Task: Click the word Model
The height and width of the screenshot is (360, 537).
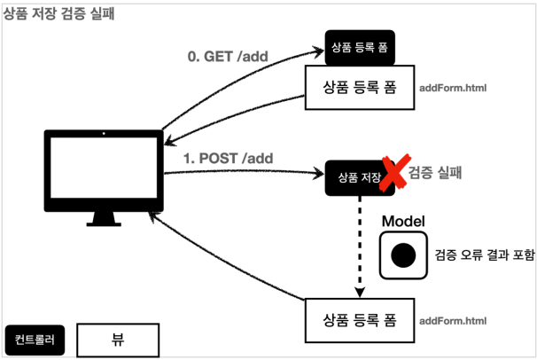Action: [403, 221]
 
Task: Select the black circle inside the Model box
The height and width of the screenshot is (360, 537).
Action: [403, 255]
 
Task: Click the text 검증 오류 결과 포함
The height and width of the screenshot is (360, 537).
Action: [484, 255]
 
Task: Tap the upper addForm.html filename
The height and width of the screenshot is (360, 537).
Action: [452, 89]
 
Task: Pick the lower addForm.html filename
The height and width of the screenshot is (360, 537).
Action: [452, 321]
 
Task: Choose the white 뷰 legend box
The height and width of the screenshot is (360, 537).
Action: [118, 338]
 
